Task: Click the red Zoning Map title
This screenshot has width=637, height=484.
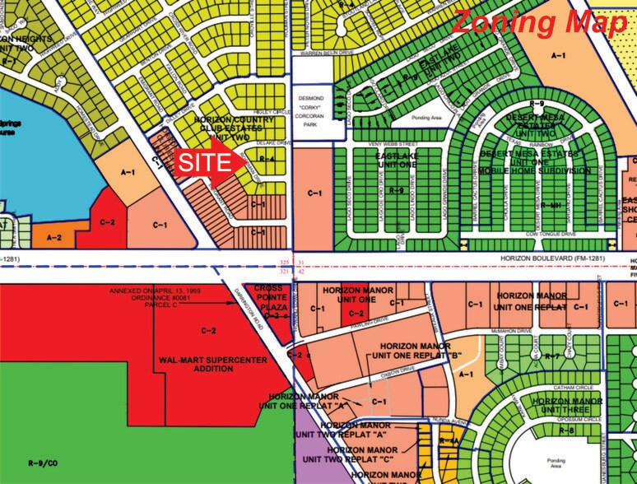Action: [x=539, y=22]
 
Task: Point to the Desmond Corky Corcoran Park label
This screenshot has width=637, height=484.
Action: [x=316, y=110]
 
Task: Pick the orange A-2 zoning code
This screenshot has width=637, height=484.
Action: [x=54, y=237]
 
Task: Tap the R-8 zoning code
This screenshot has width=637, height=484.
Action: [x=566, y=430]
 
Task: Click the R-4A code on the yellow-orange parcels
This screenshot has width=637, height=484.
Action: [x=449, y=442]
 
